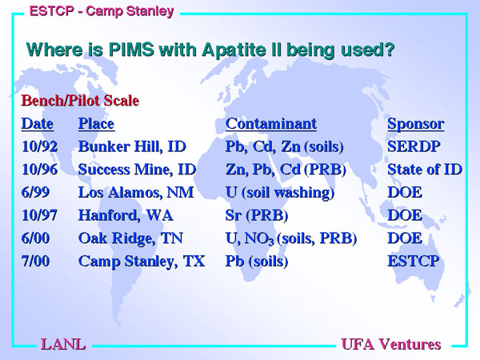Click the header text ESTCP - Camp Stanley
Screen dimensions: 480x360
point(102,12)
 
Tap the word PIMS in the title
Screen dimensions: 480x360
point(131,50)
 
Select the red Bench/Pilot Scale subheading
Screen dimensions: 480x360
point(80,101)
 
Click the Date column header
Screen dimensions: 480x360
point(38,124)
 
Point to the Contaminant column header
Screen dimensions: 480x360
point(271,124)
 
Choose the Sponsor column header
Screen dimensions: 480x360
point(416,125)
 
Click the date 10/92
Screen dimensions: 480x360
point(39,146)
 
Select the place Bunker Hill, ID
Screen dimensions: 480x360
point(132,147)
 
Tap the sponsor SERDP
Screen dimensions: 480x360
point(414,146)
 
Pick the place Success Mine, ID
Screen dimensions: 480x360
point(137,170)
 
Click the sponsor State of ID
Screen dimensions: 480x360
point(425,170)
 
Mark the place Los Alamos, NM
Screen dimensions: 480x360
point(136,193)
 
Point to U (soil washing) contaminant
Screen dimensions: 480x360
point(280,193)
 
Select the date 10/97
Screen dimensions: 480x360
point(39,215)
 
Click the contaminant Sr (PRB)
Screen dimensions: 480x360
point(257,216)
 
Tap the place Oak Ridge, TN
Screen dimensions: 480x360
point(130,238)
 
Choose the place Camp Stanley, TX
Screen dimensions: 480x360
point(142,262)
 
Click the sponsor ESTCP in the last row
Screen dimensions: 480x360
point(414,262)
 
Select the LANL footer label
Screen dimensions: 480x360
point(63,344)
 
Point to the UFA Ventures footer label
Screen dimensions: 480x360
point(391,344)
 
